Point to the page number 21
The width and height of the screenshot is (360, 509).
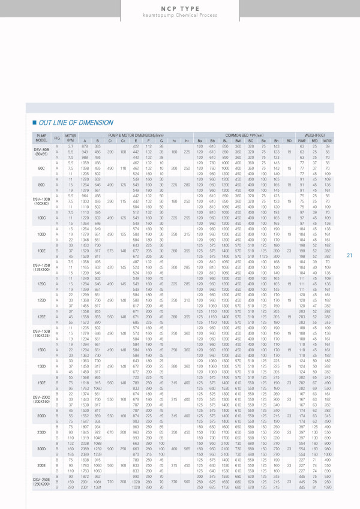(349, 255)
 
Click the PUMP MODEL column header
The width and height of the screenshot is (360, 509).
(41, 138)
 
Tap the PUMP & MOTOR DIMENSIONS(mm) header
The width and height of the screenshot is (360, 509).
(131, 135)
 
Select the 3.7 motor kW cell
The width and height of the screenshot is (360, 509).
(71, 146)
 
